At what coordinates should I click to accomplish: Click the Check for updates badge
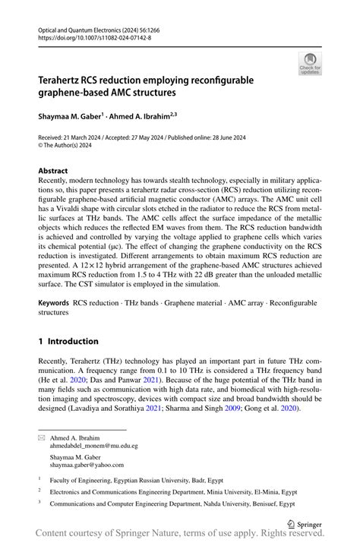(x=309, y=64)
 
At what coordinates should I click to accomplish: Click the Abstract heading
(x=55, y=171)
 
